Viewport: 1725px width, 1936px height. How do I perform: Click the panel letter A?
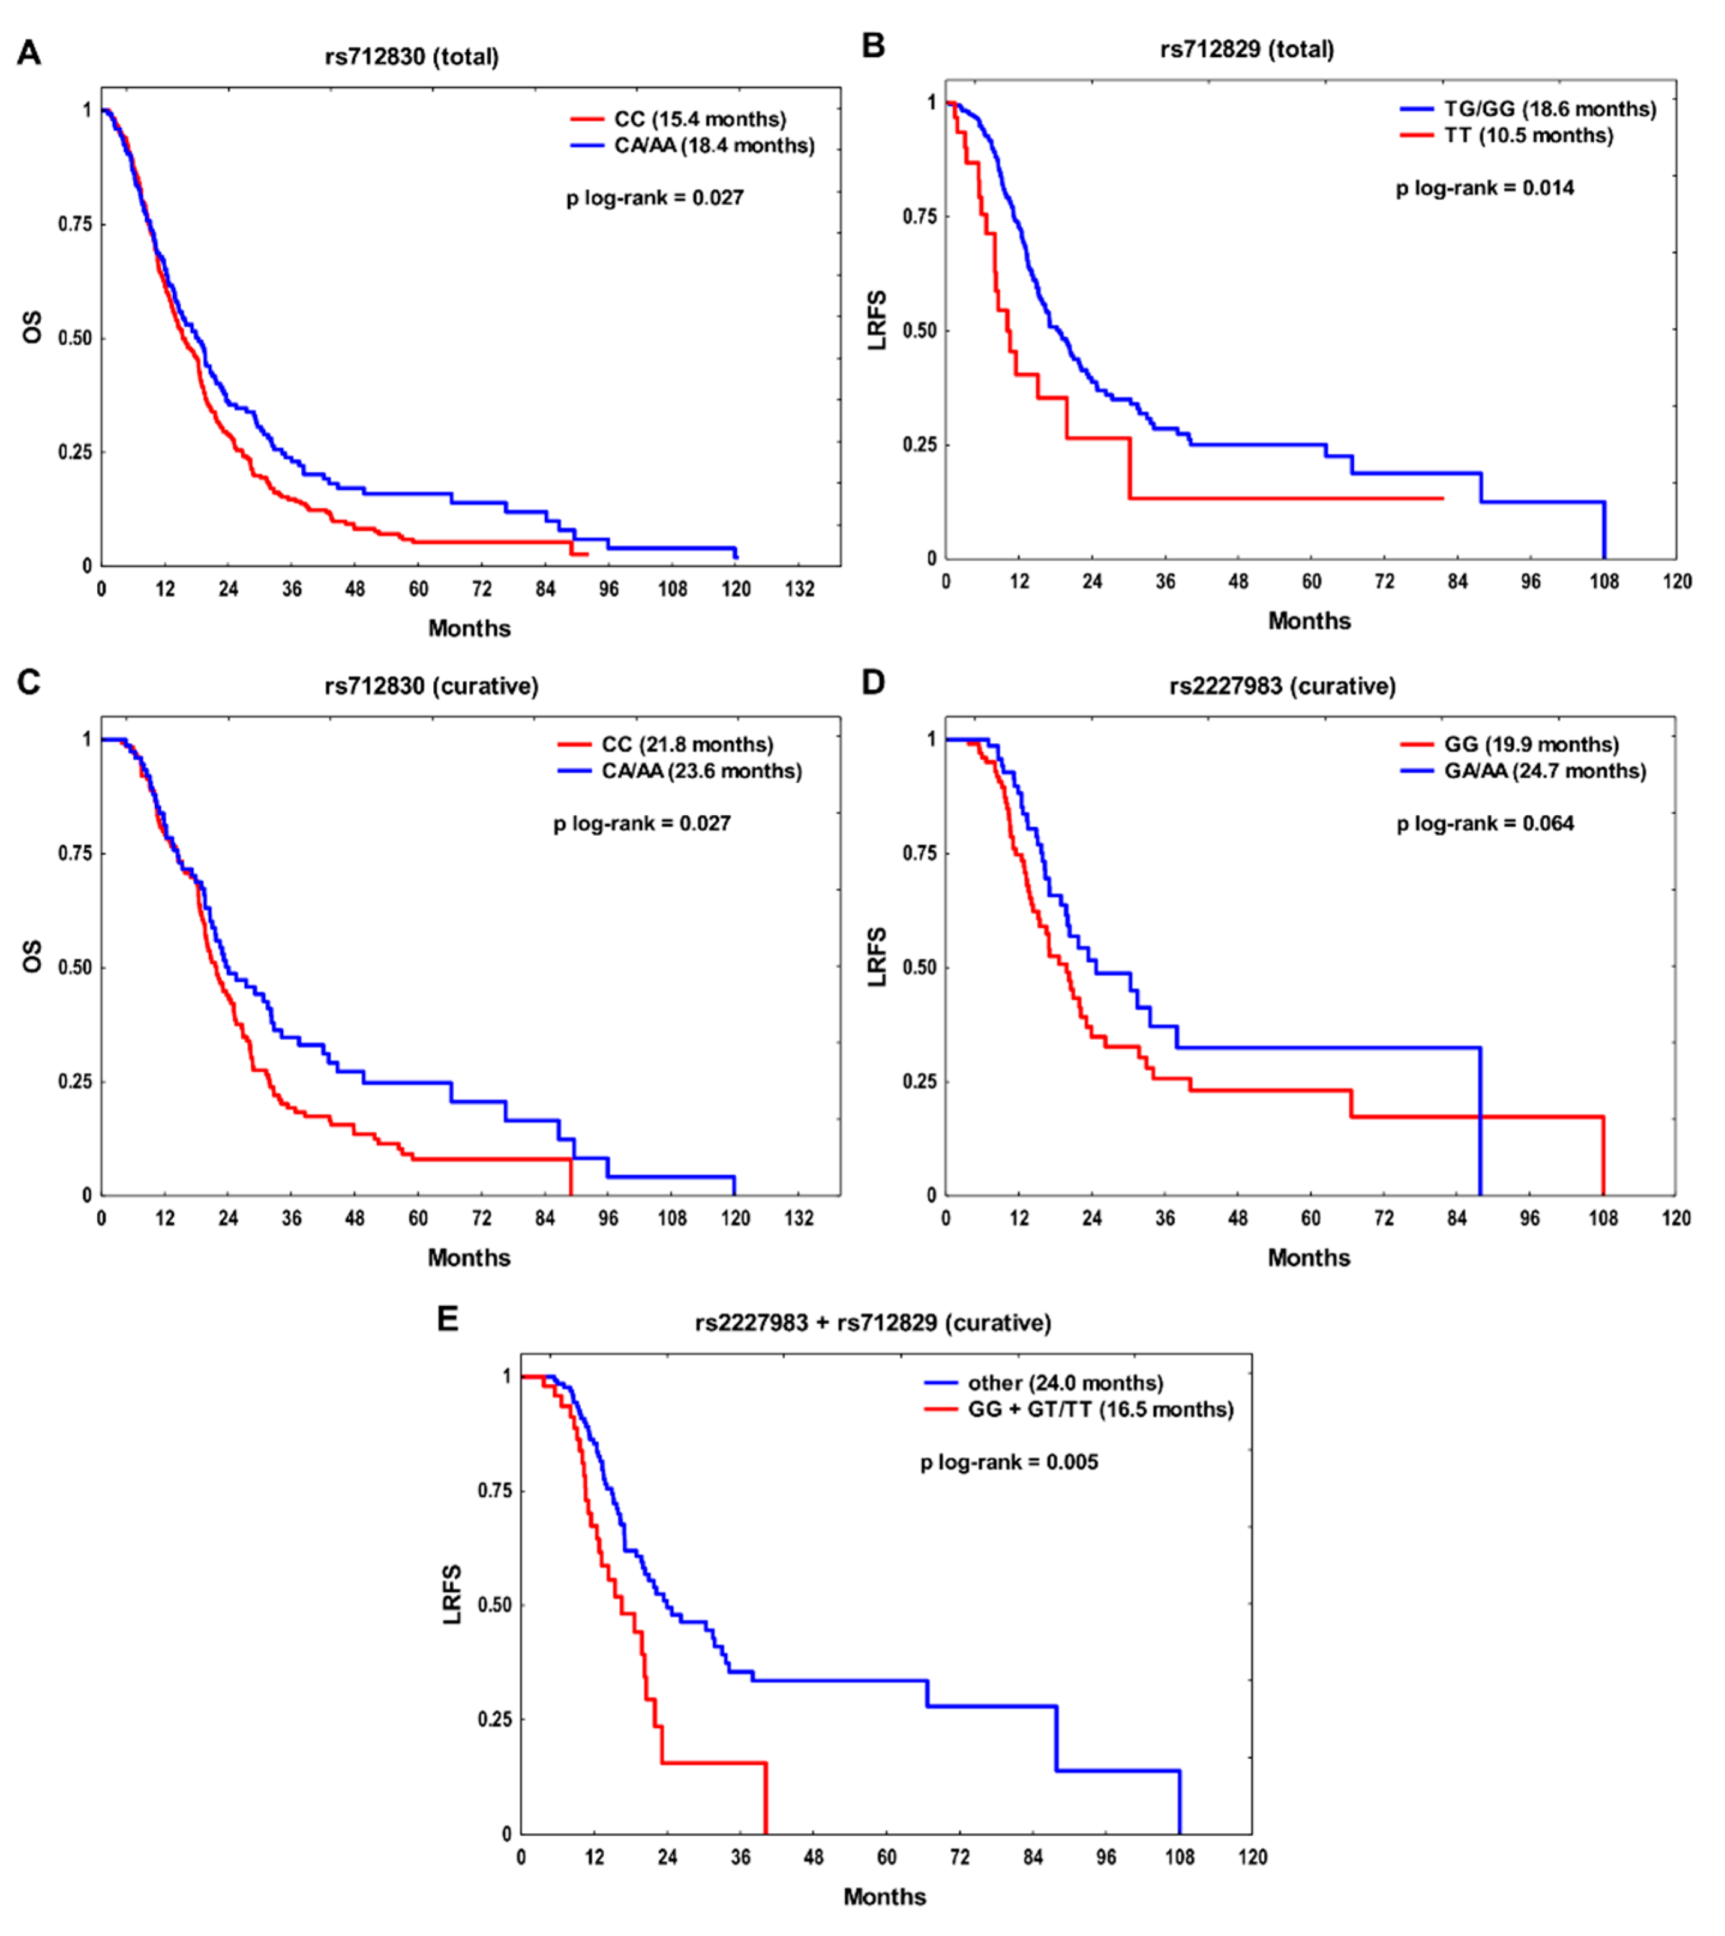click(29, 53)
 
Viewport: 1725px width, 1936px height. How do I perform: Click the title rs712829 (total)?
click(1247, 49)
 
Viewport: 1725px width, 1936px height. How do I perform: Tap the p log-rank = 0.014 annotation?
click(1484, 188)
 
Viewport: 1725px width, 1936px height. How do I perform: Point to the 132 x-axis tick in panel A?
click(799, 590)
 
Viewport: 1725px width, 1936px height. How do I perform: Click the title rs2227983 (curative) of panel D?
click(1282, 686)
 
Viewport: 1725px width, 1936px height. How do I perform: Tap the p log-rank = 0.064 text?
click(1484, 823)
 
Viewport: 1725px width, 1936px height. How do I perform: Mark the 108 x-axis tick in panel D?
click(1603, 1218)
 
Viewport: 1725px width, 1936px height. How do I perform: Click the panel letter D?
click(873, 682)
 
